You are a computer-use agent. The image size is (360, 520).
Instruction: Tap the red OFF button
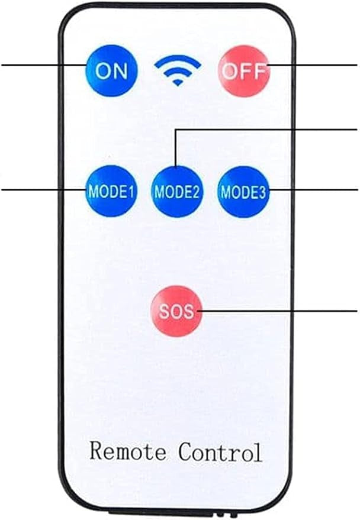click(245, 71)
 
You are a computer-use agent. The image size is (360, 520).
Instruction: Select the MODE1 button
click(111, 191)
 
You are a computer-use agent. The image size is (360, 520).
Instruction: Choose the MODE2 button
click(177, 191)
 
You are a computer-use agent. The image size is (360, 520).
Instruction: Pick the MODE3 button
click(243, 191)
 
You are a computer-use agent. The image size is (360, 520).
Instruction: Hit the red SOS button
click(176, 311)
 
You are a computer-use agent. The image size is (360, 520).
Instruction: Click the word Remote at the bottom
click(128, 452)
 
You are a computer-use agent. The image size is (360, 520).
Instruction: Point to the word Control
click(220, 452)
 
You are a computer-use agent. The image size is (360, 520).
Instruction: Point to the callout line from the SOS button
click(278, 310)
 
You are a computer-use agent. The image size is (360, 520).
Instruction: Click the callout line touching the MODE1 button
click(41, 190)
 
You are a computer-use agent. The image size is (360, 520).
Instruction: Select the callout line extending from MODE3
click(314, 190)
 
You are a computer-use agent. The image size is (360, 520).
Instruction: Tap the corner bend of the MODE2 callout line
click(176, 128)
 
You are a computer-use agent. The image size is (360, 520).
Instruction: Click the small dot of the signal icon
click(178, 83)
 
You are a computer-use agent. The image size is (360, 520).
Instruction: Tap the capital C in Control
click(185, 452)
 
